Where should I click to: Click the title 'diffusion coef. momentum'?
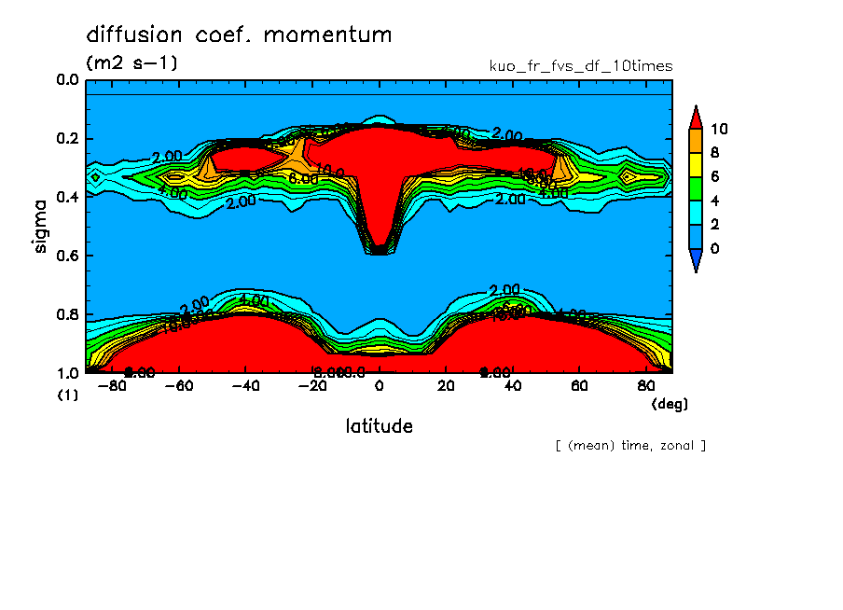pyautogui.click(x=239, y=35)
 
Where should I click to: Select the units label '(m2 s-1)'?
pyautogui.click(x=131, y=63)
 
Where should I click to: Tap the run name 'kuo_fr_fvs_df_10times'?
pyautogui.click(x=580, y=66)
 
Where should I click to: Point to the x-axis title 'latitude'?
pyautogui.click(x=379, y=426)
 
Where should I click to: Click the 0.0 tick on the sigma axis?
pyautogui.click(x=67, y=81)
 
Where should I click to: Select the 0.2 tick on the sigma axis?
pyautogui.click(x=67, y=139)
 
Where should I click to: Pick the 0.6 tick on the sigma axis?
pyautogui.click(x=67, y=256)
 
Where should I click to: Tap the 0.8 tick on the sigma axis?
pyautogui.click(x=67, y=314)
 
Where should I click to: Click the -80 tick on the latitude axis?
pyautogui.click(x=110, y=386)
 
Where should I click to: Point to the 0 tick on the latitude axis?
pyautogui.click(x=379, y=386)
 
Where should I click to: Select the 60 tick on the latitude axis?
pyautogui.click(x=578, y=386)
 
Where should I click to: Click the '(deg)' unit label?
pyautogui.click(x=669, y=404)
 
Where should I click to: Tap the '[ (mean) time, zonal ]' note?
pyautogui.click(x=630, y=446)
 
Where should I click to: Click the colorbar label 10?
pyautogui.click(x=718, y=129)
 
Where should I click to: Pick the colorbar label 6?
pyautogui.click(x=714, y=177)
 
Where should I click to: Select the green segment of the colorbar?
pyautogui.click(x=695, y=188)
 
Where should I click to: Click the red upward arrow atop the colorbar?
pyautogui.click(x=695, y=116)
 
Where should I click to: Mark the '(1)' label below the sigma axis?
pyautogui.click(x=68, y=395)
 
